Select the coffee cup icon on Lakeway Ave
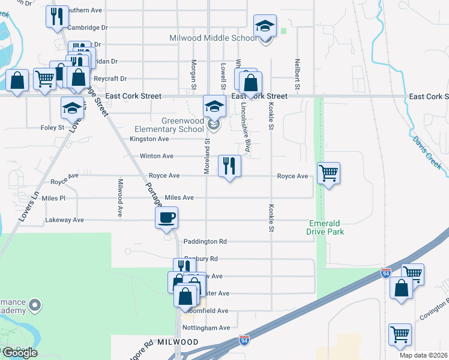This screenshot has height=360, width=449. (167, 218)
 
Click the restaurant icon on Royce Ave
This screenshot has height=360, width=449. (229, 166)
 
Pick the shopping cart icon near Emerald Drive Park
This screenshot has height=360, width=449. (328, 174)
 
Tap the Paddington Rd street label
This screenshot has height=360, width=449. (205, 242)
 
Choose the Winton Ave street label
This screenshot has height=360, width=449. (156, 156)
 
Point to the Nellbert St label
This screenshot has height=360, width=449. (297, 71)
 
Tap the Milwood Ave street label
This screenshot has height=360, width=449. (120, 197)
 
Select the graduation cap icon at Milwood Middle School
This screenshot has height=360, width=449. (264, 26)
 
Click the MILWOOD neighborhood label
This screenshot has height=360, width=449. (178, 342)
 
